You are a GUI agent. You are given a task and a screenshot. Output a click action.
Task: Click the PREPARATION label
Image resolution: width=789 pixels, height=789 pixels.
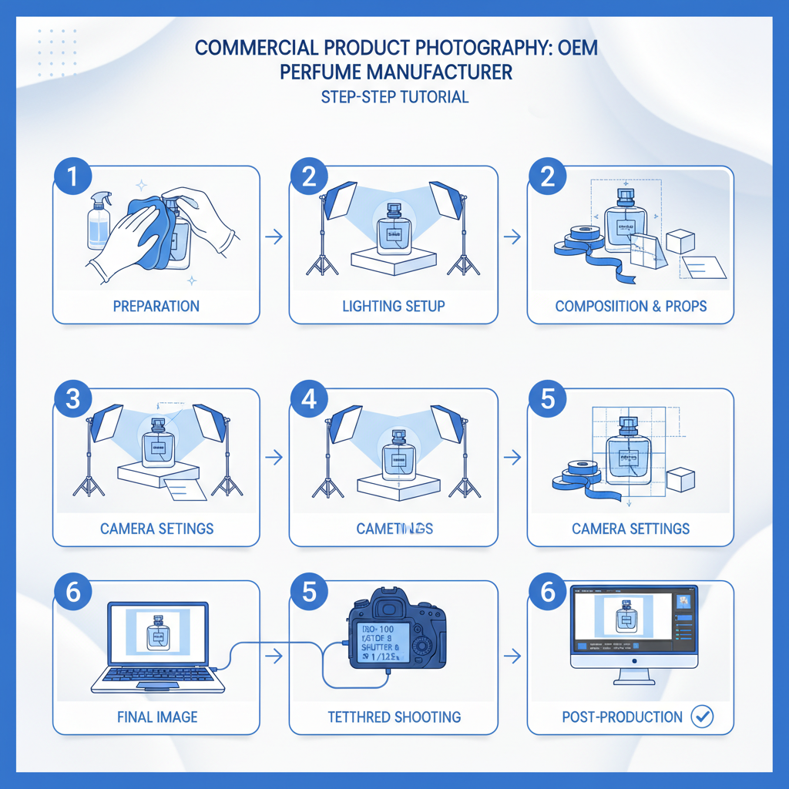click(x=156, y=306)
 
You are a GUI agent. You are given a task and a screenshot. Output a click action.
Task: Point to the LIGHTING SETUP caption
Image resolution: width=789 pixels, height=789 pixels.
click(x=393, y=306)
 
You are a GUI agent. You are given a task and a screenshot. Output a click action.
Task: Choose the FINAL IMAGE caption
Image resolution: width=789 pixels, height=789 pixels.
click(x=156, y=717)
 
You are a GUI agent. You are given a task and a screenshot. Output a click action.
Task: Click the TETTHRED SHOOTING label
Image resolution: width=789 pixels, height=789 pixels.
click(x=394, y=717)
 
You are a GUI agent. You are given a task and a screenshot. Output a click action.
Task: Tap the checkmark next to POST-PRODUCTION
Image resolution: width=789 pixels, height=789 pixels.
click(x=702, y=717)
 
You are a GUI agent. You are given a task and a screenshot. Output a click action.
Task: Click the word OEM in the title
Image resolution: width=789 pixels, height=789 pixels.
click(x=577, y=48)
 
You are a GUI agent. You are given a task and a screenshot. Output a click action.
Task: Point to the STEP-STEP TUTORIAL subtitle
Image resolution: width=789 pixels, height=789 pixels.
click(x=394, y=98)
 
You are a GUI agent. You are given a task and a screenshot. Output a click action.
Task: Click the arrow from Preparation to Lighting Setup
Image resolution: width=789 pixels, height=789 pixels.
click(x=273, y=238)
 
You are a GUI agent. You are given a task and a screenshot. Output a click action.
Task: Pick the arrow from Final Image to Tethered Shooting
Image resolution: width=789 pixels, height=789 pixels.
click(x=273, y=656)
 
